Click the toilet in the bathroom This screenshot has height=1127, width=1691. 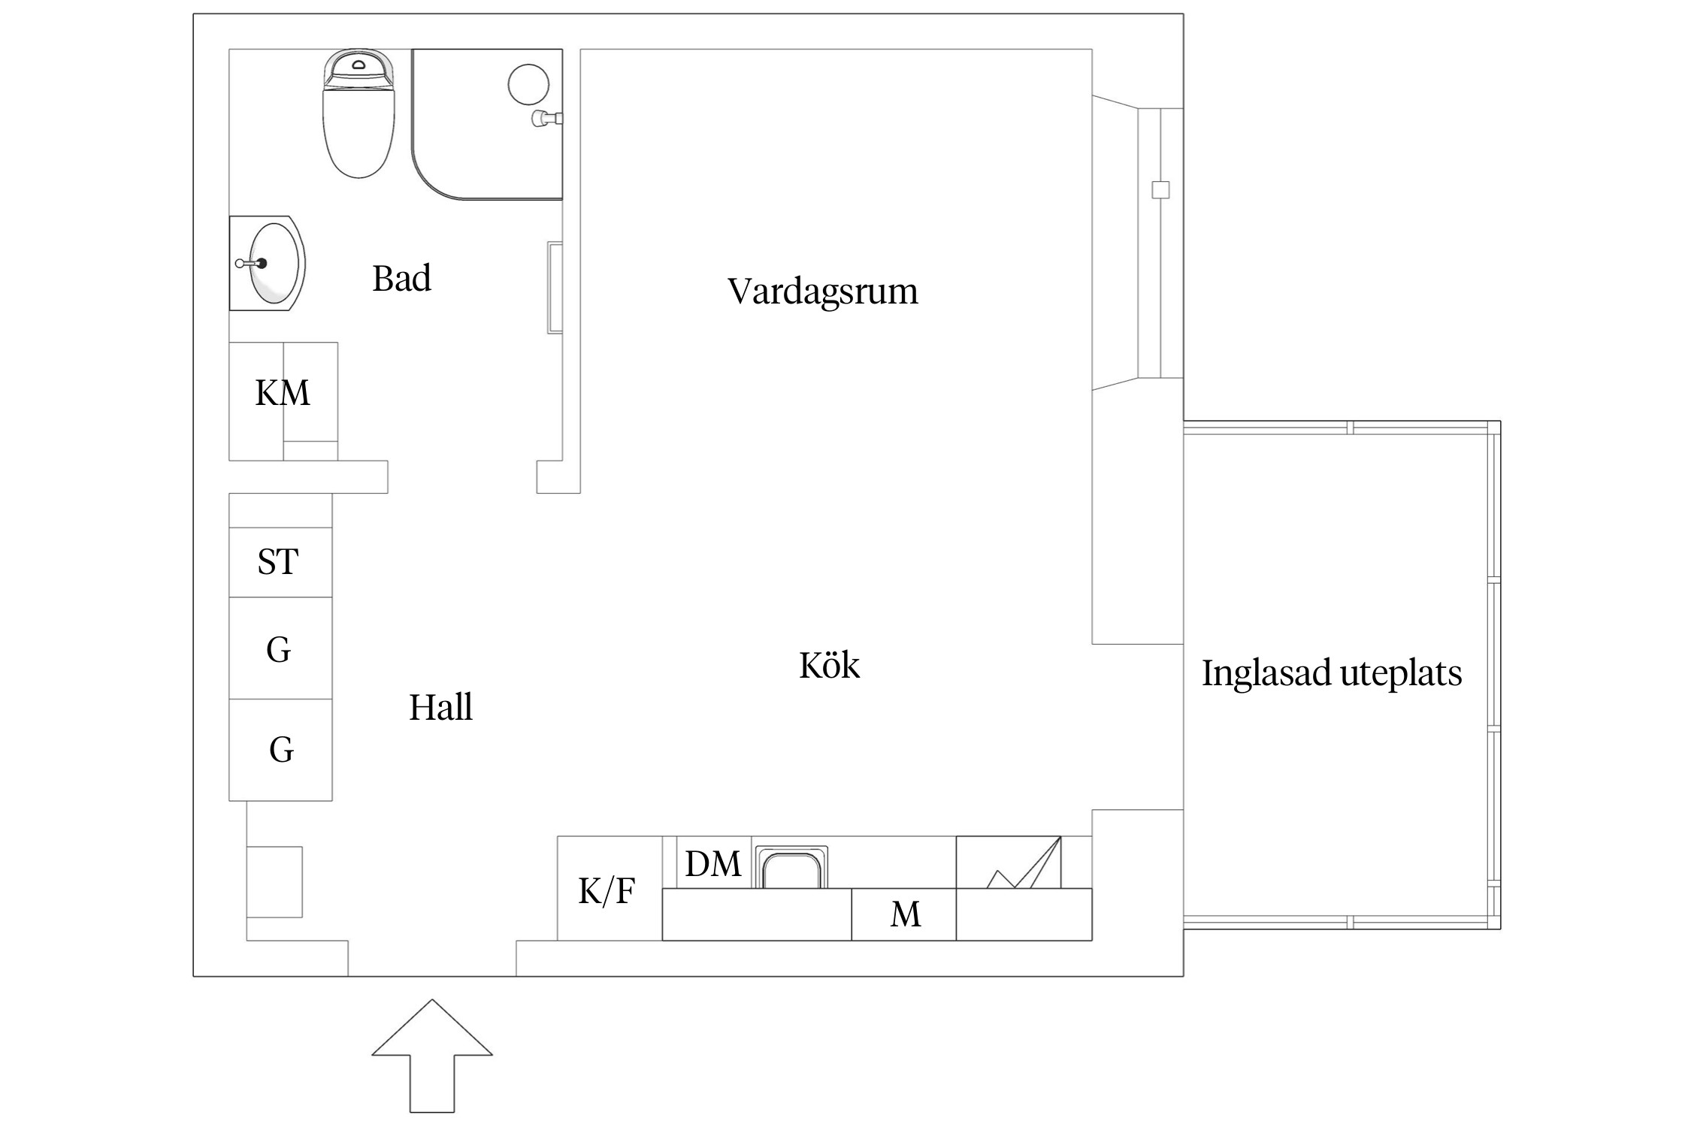pyautogui.click(x=358, y=120)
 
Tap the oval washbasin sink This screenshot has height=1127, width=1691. pyautogui.click(x=274, y=264)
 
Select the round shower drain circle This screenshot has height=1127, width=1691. pyautogui.click(x=528, y=84)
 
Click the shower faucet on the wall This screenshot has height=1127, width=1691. pyautogui.click(x=546, y=118)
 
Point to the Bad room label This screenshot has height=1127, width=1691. pyautogui.click(x=401, y=279)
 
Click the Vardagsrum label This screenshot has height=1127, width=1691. pyautogui.click(x=822, y=292)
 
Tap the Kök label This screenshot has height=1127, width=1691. pyautogui.click(x=828, y=666)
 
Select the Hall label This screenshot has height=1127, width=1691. pyautogui.click(x=440, y=708)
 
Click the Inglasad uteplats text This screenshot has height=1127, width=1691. pyautogui.click(x=1331, y=673)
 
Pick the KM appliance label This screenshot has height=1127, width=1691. pyautogui.click(x=283, y=393)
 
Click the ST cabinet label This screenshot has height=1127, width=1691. pyautogui.click(x=278, y=562)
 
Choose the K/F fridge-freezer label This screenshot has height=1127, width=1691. pyautogui.click(x=607, y=891)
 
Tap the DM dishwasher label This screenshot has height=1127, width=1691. pyautogui.click(x=712, y=864)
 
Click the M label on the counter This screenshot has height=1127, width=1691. pyautogui.click(x=905, y=914)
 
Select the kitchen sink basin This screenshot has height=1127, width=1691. pyautogui.click(x=791, y=870)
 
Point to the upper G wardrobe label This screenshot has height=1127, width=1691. pyautogui.click(x=278, y=649)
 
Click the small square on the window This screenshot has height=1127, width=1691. pyautogui.click(x=1160, y=189)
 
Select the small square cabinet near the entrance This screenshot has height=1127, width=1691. pyautogui.click(x=275, y=882)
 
